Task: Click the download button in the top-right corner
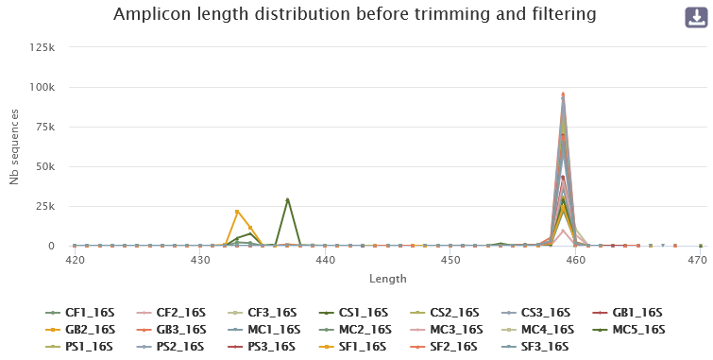(695, 18)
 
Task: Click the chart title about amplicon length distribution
(356, 15)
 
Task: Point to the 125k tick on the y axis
(42, 47)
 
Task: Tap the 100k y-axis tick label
(42, 87)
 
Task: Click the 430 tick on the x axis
(199, 260)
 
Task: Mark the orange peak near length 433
(237, 211)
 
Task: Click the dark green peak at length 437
(287, 199)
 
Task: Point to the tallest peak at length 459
(563, 94)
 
